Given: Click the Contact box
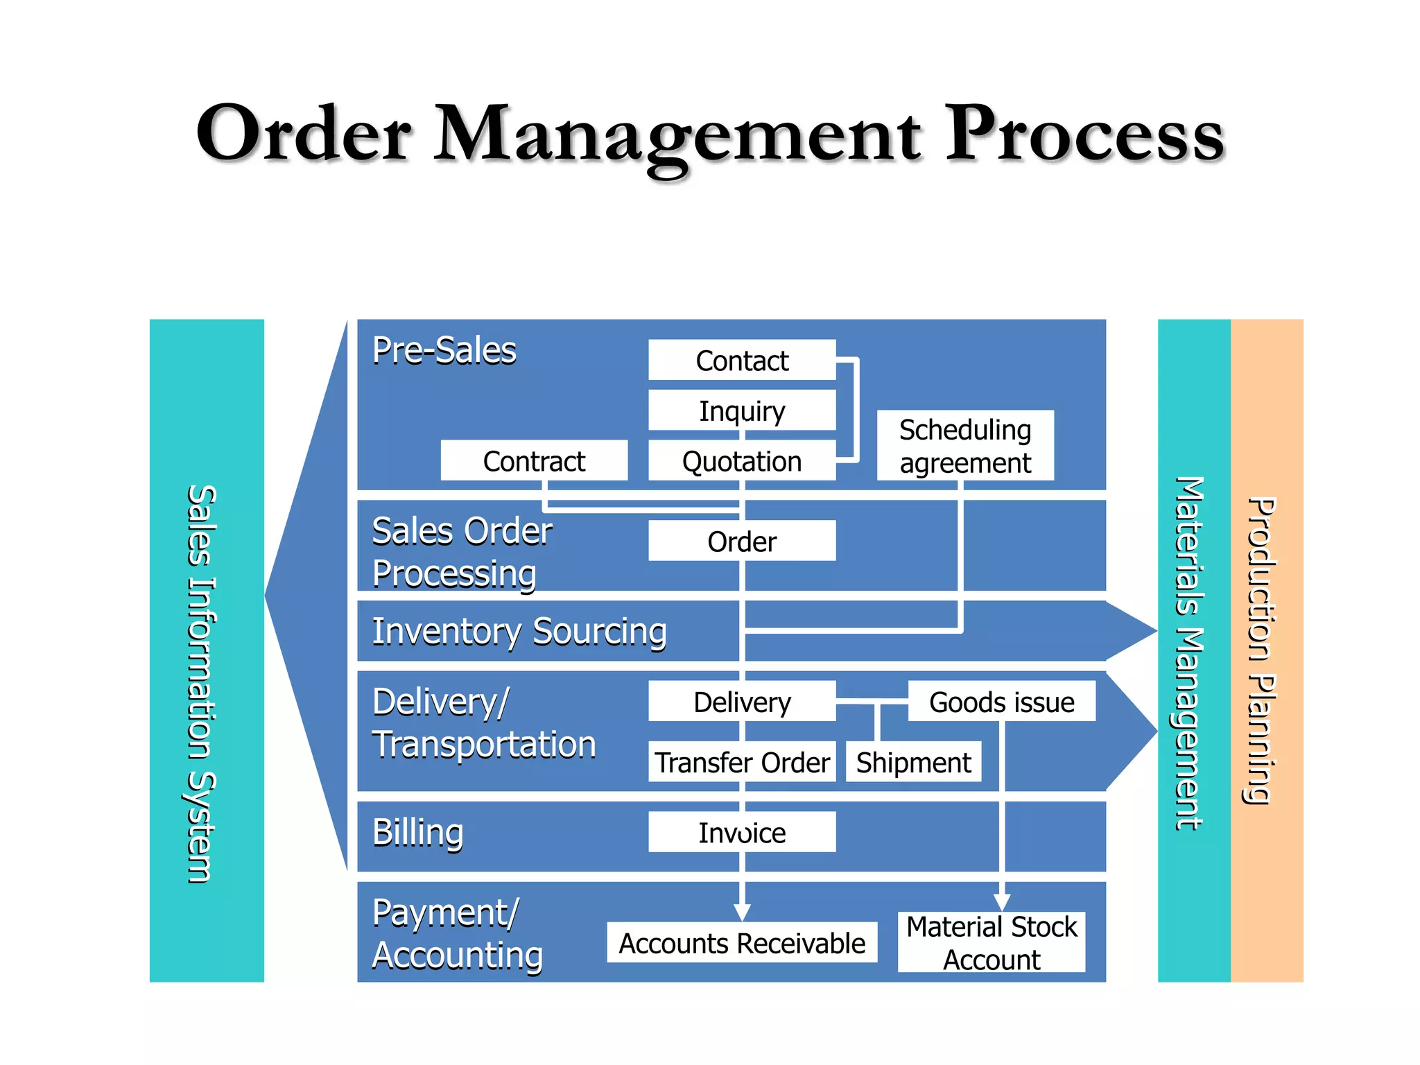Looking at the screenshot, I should (742, 360).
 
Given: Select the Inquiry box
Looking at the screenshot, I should (742, 410).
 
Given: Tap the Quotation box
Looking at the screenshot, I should (742, 460).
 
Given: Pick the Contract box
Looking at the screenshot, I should (534, 460).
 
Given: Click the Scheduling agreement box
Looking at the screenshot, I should (965, 445).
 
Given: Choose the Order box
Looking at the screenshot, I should (742, 541).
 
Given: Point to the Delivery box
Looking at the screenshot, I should (742, 701).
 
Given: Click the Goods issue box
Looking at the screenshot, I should (1001, 701).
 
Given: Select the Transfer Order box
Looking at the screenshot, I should (742, 761).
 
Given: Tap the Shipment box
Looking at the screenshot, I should (913, 761).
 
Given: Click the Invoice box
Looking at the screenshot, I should (742, 832).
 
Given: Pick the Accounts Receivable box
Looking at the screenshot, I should (742, 942).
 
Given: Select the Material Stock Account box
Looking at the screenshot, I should (992, 942).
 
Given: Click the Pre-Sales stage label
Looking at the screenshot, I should (444, 350).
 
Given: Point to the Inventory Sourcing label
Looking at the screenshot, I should (519, 632).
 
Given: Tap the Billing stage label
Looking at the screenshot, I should (417, 832).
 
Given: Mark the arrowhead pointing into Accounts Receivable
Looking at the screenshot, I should (742, 912).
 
